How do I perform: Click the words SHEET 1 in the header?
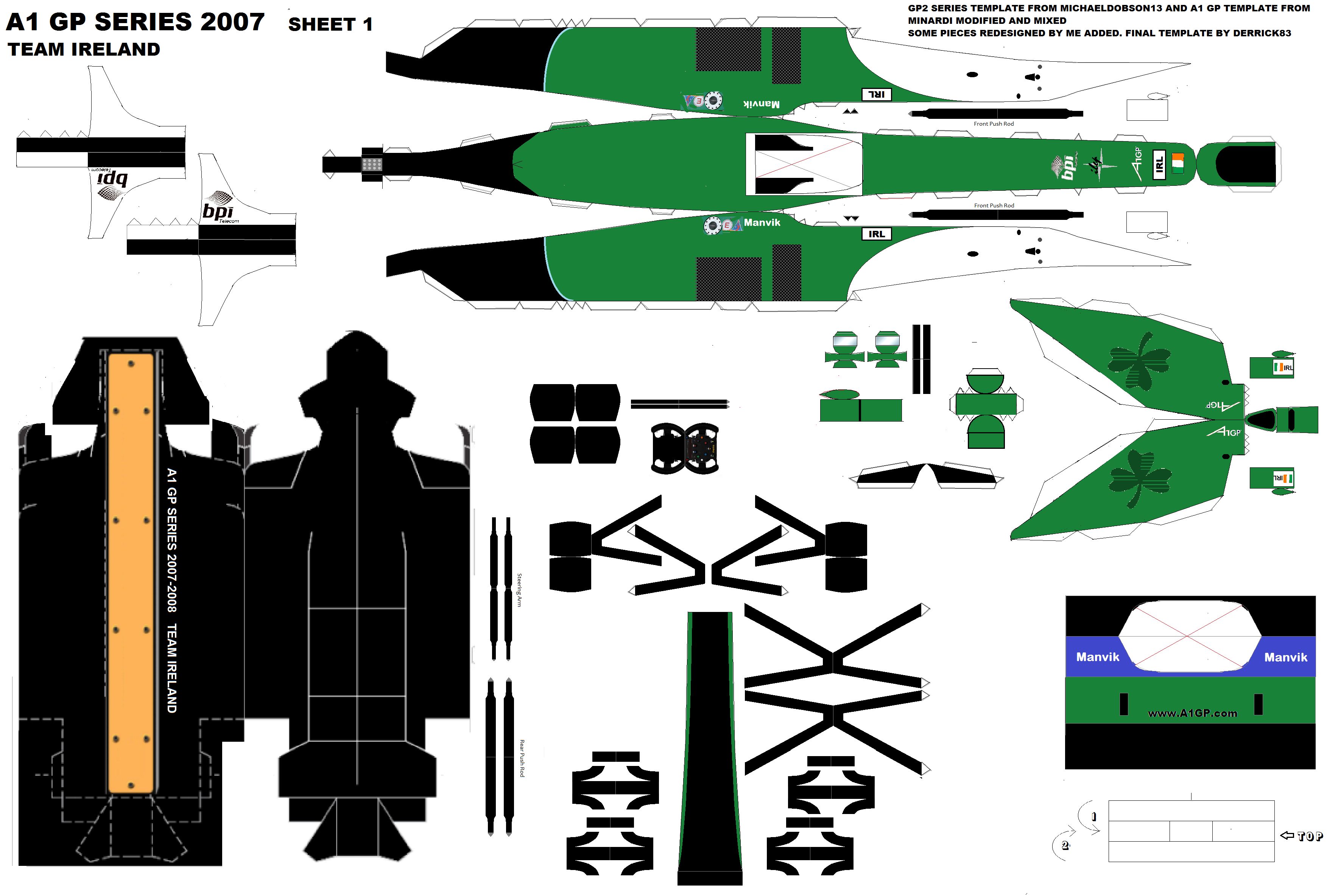[x=330, y=25]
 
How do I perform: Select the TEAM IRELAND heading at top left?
[x=84, y=50]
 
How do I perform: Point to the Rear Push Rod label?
[x=521, y=758]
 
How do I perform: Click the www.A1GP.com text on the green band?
[x=1192, y=713]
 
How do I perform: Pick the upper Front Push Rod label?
[x=993, y=124]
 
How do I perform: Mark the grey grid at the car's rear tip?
[x=372, y=164]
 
